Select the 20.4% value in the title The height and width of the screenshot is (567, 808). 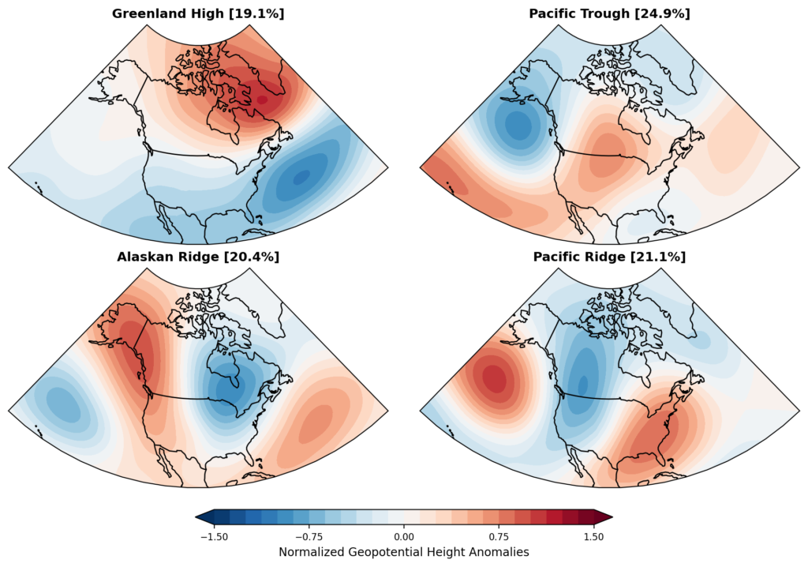[261, 257]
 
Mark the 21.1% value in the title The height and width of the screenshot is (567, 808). [668, 257]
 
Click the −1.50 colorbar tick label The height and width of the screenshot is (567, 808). [215, 536]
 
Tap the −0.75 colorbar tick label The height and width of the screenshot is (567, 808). [309, 536]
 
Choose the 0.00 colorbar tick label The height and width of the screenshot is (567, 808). [404, 536]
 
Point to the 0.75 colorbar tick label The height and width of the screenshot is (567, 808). [499, 536]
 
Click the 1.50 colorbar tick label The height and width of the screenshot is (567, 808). [593, 536]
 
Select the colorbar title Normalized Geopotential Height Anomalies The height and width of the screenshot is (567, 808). [404, 552]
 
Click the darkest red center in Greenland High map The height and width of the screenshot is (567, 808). [263, 100]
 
